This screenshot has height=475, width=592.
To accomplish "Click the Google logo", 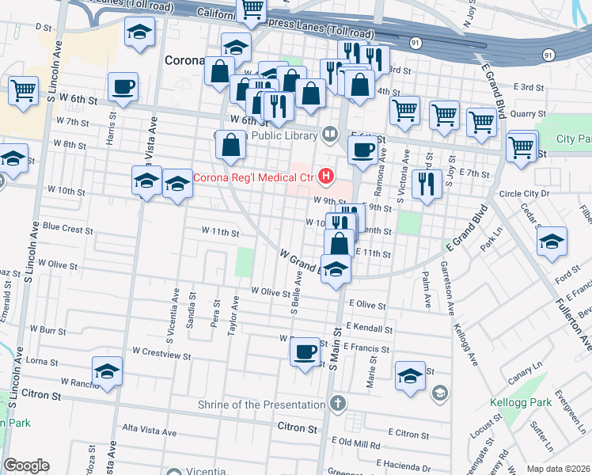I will pos(26,465).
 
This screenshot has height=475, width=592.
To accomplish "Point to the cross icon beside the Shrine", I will pos(337,405).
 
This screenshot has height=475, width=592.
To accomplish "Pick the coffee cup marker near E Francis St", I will pos(305,351).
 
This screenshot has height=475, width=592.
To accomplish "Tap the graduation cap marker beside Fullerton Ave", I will pos(551,241).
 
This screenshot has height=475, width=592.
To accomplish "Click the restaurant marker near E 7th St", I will pos(426,184).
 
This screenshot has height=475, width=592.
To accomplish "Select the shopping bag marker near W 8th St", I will pos(230,145).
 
